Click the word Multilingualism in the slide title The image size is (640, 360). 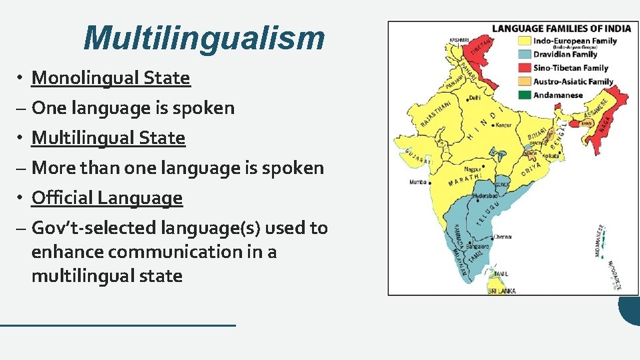tap(204, 38)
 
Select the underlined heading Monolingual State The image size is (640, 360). tap(111, 78)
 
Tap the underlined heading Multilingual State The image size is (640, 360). tap(108, 138)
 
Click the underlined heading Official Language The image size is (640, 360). tap(107, 198)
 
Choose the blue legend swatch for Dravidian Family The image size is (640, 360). tap(524, 55)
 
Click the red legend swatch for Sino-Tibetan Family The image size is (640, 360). tap(524, 68)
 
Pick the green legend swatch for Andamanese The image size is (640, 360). tap(524, 95)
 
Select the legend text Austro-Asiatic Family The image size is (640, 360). tap(573, 82)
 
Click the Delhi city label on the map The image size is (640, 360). tap(475, 97)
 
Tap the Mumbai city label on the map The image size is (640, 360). tap(419, 181)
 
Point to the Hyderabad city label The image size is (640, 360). tap(485, 197)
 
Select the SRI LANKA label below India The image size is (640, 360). tap(502, 291)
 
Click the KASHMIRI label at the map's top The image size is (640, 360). tap(459, 40)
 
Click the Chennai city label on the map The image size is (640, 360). tap(503, 236)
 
